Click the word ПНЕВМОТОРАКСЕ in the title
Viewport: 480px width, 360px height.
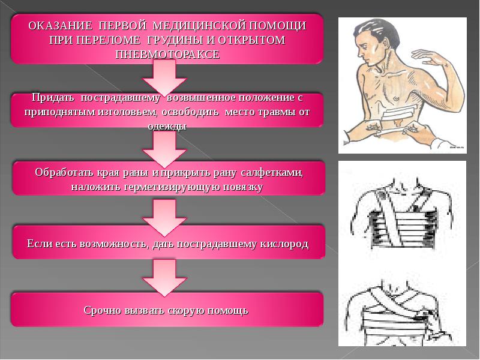[167, 55]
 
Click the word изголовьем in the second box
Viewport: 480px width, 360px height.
[127, 112]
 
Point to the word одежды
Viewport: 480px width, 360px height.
[167, 126]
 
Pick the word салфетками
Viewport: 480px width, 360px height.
[272, 172]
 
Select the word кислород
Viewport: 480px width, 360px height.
[284, 244]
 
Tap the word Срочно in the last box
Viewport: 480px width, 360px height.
[102, 310]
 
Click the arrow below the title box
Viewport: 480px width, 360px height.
[164, 77]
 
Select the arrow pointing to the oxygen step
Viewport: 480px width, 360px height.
[164, 218]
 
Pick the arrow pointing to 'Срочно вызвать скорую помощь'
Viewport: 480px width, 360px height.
[164, 278]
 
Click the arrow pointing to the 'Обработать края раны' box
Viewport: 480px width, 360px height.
[164, 149]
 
